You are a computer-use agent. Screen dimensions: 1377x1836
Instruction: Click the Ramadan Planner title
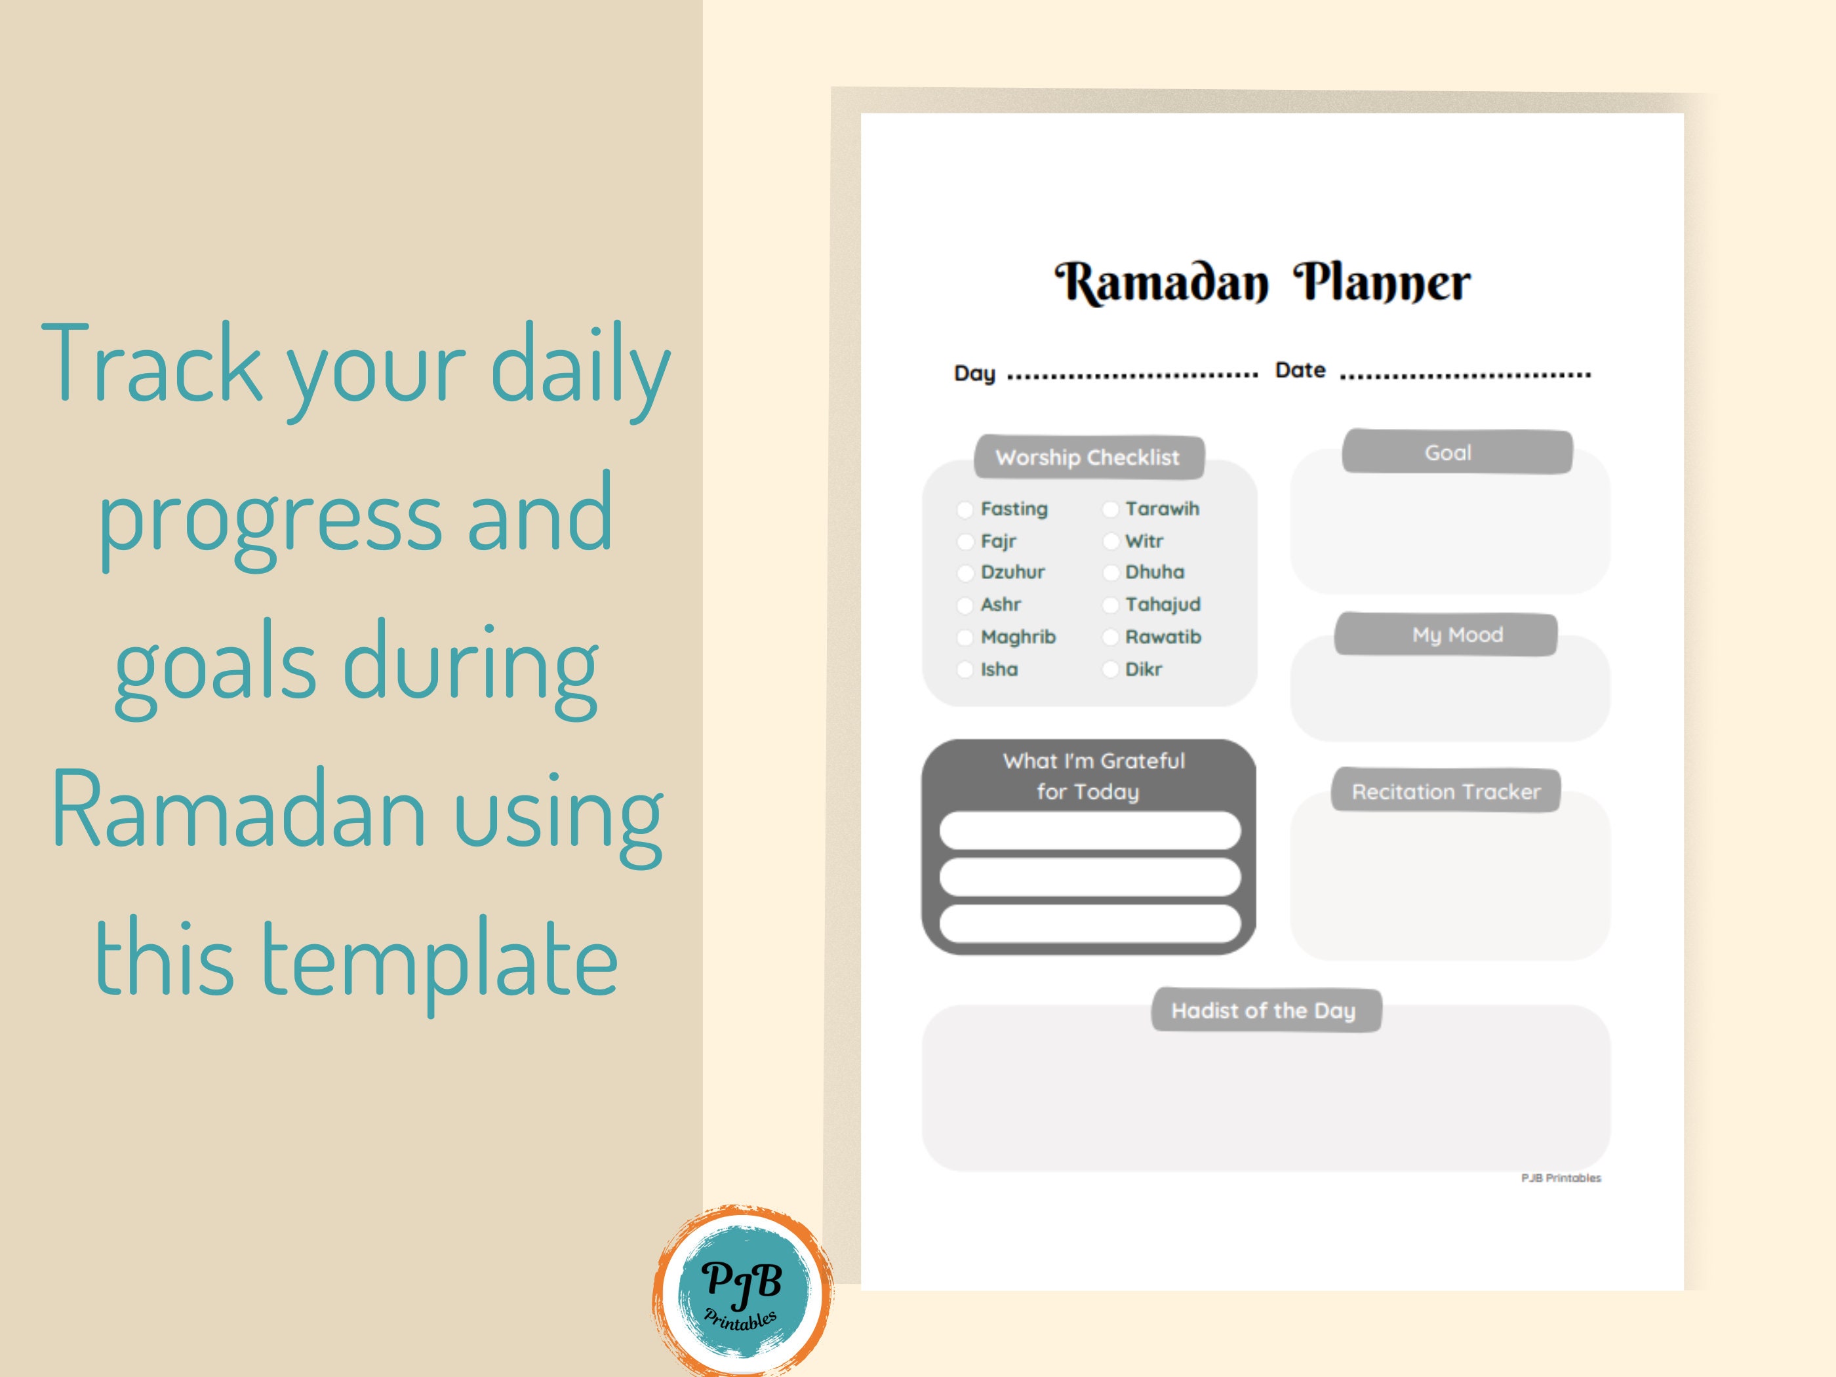1262,282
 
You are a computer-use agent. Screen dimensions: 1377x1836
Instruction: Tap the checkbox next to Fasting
965,509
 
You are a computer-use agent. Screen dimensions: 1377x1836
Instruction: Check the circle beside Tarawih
1111,509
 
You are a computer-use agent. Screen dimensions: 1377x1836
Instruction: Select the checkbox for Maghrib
965,637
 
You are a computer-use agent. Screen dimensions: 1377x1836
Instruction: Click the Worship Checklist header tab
1088,457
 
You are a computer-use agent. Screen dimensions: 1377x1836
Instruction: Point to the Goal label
1448,453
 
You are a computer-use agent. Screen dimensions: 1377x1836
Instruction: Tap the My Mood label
1458,635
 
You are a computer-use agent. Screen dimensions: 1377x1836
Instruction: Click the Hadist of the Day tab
1264,1011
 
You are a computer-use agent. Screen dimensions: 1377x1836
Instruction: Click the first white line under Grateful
1090,831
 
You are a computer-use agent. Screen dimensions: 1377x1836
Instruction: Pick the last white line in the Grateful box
1090,924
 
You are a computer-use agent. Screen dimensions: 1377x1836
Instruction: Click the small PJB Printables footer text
1561,1178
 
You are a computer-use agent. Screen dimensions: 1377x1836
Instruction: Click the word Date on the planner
1300,370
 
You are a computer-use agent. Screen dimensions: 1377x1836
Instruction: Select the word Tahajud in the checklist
1163,605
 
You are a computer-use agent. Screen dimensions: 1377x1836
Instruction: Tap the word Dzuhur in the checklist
1012,572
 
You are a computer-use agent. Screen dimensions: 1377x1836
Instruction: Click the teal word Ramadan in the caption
238,808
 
